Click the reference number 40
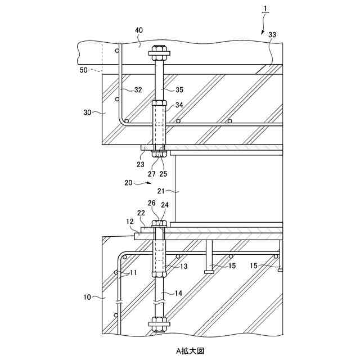pos(138,30)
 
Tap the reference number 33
pos(272,35)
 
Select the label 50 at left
pos(84,70)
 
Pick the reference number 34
pos(179,105)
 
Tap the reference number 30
pos(87,112)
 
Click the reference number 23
pos(140,164)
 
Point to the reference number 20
pos(128,182)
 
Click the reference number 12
pos(129,223)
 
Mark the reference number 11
pos(133,273)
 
